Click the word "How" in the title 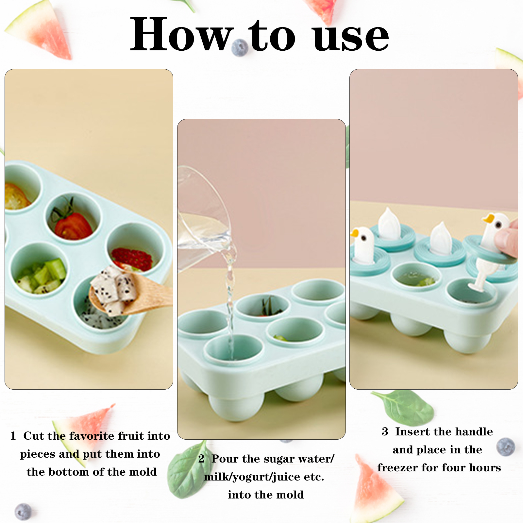[182, 34]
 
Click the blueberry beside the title [240, 48]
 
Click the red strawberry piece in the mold [132, 259]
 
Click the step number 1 [13, 436]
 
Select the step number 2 [201, 459]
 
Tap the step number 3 [385, 431]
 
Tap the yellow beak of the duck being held [488, 218]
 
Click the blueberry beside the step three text [506, 447]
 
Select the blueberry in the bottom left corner [23, 512]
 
